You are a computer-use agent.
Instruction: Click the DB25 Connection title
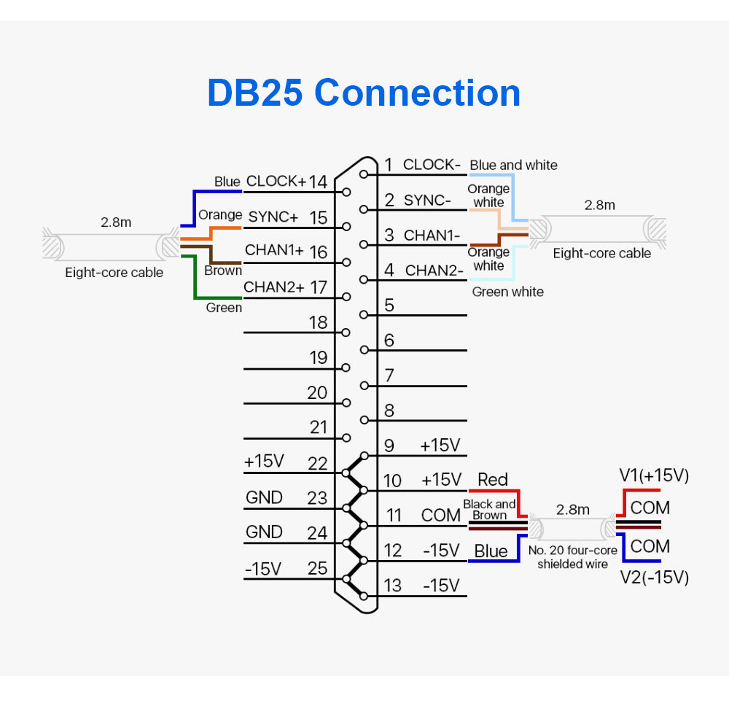click(364, 93)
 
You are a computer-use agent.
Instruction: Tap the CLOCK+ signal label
click(276, 181)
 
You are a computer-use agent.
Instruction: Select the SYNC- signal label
click(428, 200)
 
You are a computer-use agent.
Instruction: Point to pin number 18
click(319, 322)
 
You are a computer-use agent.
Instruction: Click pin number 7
click(389, 376)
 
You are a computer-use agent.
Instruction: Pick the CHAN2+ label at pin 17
click(273, 287)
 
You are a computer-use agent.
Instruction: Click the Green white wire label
click(507, 292)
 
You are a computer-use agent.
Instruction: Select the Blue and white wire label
click(513, 166)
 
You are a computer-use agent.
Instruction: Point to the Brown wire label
click(223, 271)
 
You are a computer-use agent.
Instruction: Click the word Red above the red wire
click(493, 479)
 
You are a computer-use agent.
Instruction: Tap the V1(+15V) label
click(654, 476)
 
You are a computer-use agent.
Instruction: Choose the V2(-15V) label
click(654, 578)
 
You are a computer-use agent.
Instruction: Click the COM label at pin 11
click(441, 516)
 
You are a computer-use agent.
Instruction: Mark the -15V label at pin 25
click(263, 569)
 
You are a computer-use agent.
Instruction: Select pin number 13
click(392, 586)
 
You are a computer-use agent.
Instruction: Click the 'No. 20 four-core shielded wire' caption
click(573, 557)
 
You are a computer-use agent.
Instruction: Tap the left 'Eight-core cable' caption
click(114, 273)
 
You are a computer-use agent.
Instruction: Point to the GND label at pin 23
click(264, 498)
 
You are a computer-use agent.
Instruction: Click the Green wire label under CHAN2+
click(224, 308)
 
